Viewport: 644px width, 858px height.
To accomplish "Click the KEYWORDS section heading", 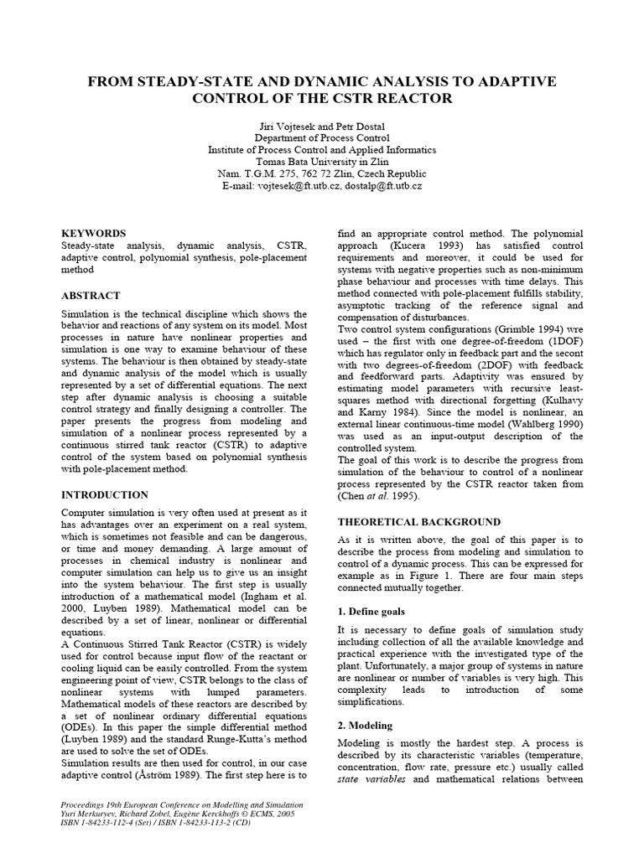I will coord(94,233).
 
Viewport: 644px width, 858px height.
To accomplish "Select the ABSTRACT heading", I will coord(91,296).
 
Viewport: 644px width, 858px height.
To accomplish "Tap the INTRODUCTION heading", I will coord(105,494).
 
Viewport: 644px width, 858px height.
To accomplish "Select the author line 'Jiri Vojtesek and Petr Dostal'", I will coord(322,126).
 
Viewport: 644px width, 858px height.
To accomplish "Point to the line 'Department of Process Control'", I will coord(322,137).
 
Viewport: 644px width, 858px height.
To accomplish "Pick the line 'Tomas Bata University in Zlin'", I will coord(322,162).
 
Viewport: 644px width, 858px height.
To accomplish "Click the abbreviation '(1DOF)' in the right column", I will coord(562,342).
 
